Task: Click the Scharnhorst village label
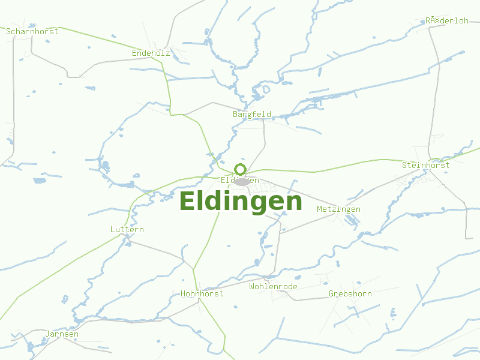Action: (x=32, y=31)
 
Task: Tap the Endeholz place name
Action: (x=151, y=53)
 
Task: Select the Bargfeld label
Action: (x=252, y=114)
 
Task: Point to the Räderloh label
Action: (x=447, y=20)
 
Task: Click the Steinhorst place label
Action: (x=425, y=165)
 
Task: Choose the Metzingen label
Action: (x=338, y=209)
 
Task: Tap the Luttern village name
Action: (x=127, y=229)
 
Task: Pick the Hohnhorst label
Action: (x=202, y=293)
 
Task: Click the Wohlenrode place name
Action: (x=273, y=286)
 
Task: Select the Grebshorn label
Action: (x=350, y=293)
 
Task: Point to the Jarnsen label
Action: (x=62, y=334)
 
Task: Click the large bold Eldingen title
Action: (x=241, y=202)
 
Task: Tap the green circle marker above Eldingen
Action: (x=241, y=170)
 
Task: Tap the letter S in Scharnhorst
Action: (x=8, y=31)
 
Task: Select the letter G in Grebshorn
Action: (x=331, y=293)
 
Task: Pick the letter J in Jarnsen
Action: (x=47, y=334)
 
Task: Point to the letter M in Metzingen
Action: (x=319, y=209)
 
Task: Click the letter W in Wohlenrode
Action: (x=251, y=286)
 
